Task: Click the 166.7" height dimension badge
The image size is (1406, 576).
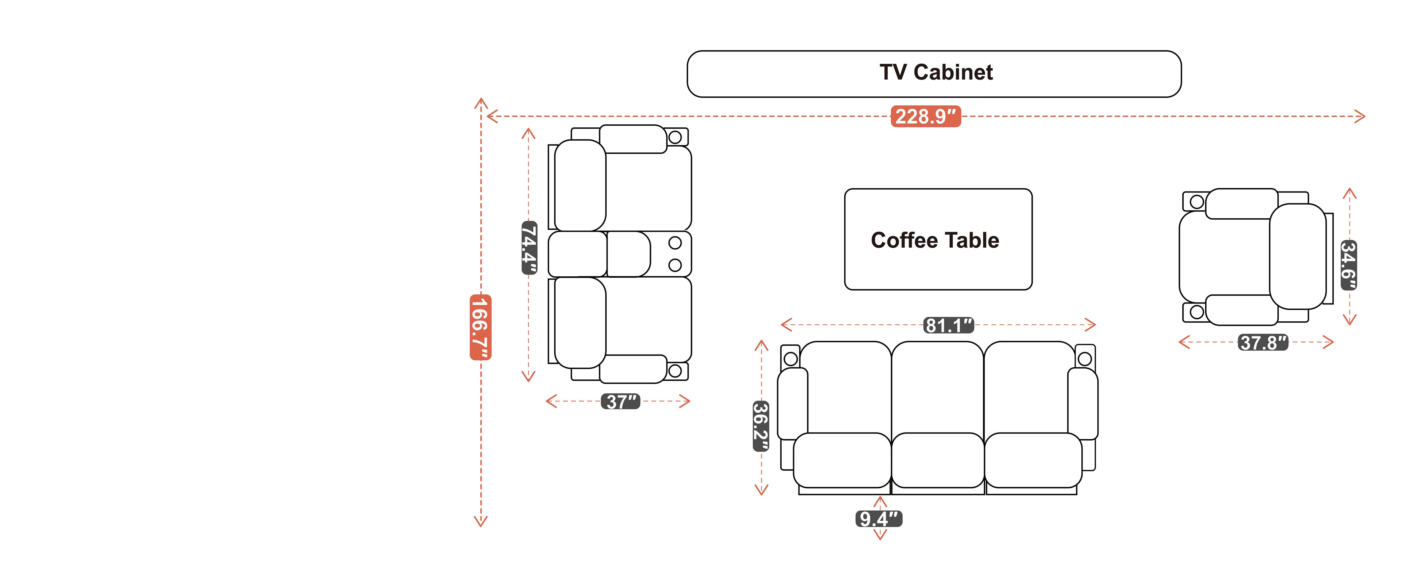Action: pyautogui.click(x=480, y=327)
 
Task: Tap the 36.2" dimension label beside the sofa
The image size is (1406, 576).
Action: pyautogui.click(x=761, y=426)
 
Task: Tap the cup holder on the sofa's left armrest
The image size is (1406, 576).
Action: pyautogui.click(x=791, y=358)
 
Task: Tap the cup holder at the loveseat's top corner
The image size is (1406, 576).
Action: pyautogui.click(x=675, y=137)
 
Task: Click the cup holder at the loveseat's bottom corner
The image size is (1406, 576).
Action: pyautogui.click(x=675, y=371)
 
